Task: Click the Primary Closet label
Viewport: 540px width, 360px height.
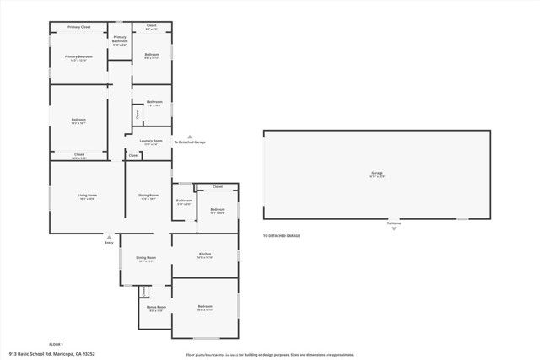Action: tap(79, 27)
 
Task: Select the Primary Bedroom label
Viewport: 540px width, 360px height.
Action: tap(79, 57)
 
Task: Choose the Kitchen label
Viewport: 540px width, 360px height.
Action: tap(204, 254)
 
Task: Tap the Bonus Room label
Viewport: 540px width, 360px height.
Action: tap(156, 307)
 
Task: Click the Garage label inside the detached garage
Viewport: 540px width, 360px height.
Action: tap(376, 172)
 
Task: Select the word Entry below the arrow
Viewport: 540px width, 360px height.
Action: tap(109, 243)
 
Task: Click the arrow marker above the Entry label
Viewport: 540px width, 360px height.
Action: tap(109, 236)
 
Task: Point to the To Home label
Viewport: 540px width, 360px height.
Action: tap(393, 223)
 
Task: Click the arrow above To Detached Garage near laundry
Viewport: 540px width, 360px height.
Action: tap(190, 137)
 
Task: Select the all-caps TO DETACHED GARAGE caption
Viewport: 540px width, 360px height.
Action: tap(281, 235)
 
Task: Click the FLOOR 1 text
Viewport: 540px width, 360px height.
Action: tap(57, 345)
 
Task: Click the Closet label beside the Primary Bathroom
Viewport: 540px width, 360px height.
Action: tap(152, 25)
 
